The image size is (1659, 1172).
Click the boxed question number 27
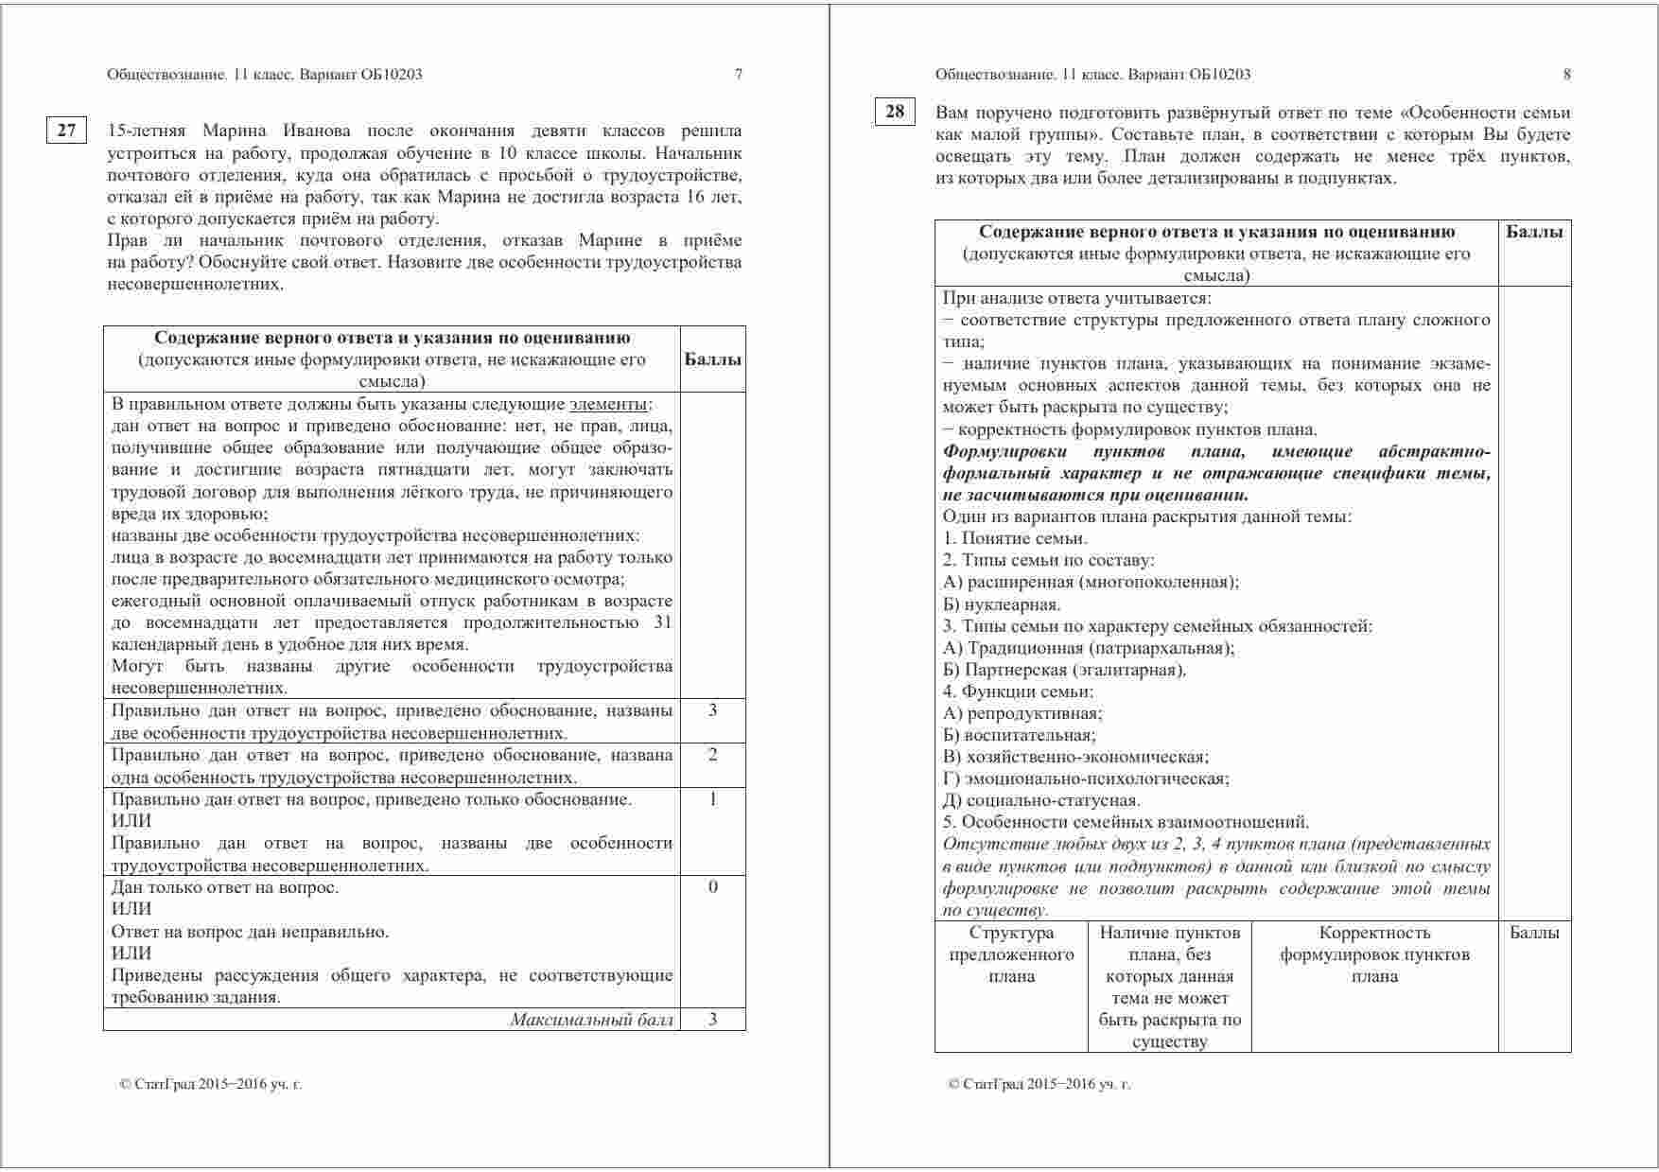point(66,131)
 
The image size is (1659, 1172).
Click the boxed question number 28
point(894,112)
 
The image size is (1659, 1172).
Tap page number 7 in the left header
point(739,75)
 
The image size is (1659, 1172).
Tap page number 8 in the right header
point(1566,75)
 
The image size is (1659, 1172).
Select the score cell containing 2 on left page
point(712,755)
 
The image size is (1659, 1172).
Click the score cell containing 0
point(712,887)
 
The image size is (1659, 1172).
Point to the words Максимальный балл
point(592,1020)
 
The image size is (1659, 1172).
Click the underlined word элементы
point(609,404)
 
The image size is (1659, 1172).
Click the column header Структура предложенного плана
point(1011,954)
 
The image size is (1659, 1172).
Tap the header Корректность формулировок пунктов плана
point(1374,954)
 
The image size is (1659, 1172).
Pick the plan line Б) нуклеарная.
point(1002,604)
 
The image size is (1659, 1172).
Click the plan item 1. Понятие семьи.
point(1015,538)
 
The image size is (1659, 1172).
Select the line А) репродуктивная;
point(1022,714)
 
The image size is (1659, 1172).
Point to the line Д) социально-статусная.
point(1041,801)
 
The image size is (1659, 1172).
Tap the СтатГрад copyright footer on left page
point(211,1084)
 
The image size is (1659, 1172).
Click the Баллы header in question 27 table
point(712,359)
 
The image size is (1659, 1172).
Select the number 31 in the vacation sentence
point(662,623)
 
